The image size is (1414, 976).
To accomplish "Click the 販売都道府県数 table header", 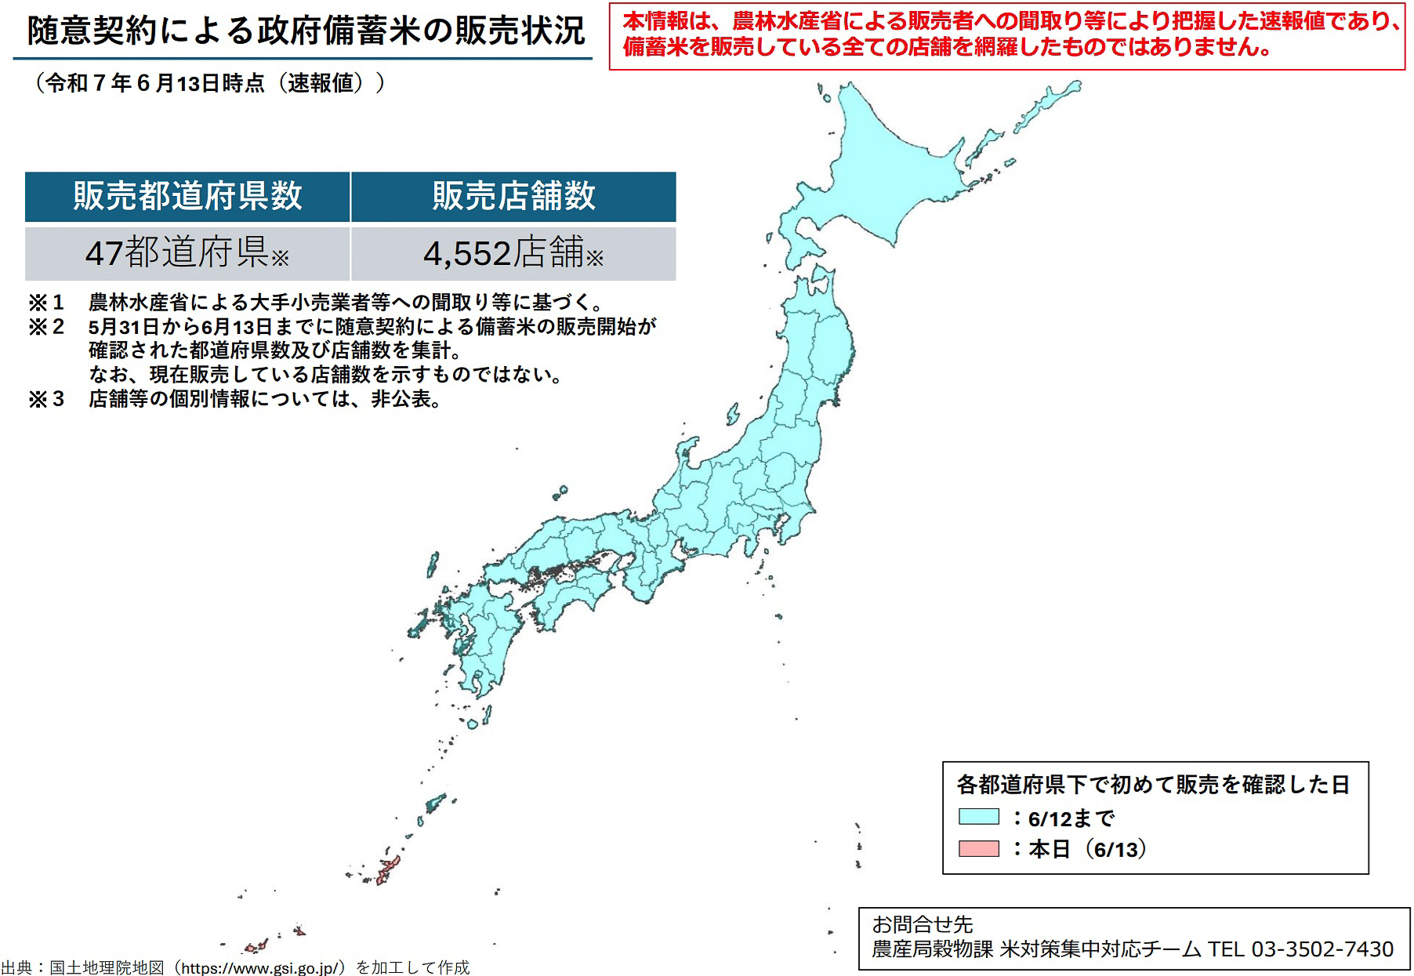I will click(x=187, y=196).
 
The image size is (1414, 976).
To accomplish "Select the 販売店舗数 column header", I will click(x=513, y=196).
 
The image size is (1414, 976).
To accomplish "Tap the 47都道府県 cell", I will click(x=187, y=253).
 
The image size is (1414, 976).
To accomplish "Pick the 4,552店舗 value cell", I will click(x=513, y=253).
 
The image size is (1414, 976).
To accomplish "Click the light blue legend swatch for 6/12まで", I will click(x=978, y=817).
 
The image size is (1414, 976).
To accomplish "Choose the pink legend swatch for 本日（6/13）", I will click(x=978, y=848).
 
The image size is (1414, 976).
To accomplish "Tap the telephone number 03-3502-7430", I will click(x=1322, y=949).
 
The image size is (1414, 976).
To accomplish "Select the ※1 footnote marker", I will click(x=45, y=303).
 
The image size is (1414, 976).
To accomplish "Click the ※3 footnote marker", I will click(x=45, y=399).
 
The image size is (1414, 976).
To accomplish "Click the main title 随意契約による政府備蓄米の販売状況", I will click(x=306, y=31).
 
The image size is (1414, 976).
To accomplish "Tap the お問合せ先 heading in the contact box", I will click(x=922, y=924).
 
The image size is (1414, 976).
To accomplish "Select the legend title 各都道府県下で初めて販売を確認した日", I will click(x=1153, y=784).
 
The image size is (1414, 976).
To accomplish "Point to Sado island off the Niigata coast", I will click(x=733, y=413).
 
